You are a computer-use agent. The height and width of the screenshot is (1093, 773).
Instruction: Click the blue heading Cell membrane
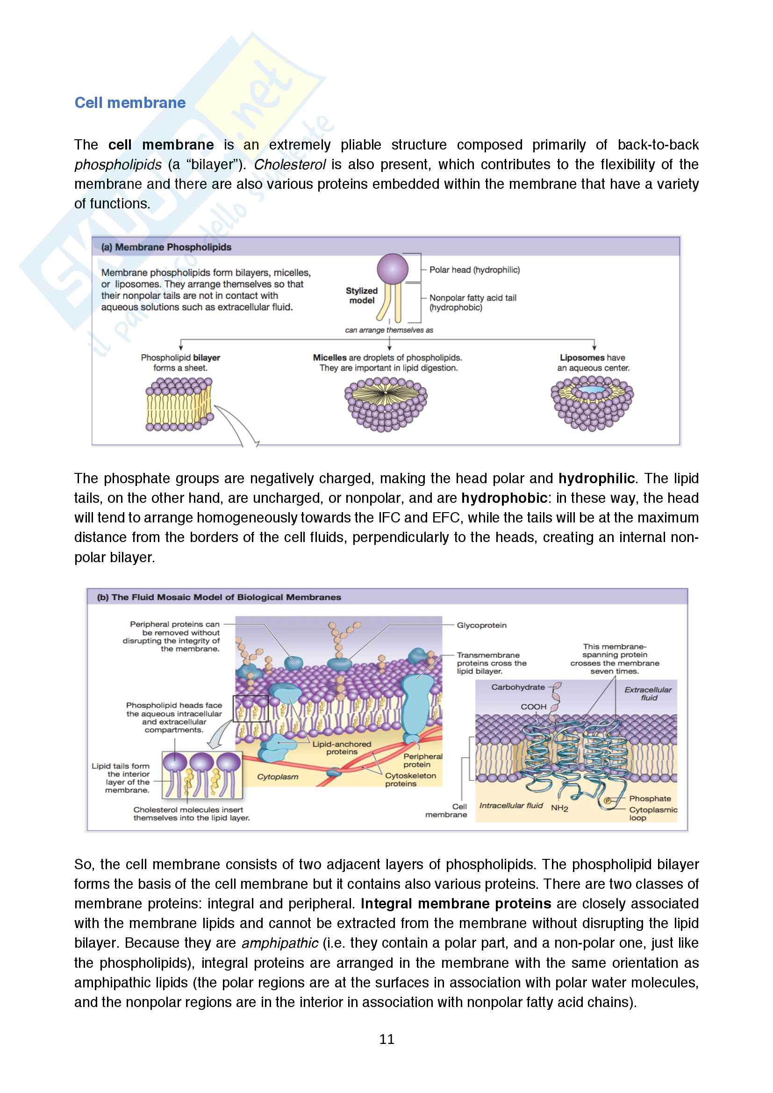pyautogui.click(x=130, y=103)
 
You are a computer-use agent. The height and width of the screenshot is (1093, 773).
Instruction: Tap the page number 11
pyautogui.click(x=386, y=1040)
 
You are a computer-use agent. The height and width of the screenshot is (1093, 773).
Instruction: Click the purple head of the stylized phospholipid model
pyautogui.click(x=392, y=269)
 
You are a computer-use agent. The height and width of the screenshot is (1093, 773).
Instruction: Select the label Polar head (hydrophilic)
pyautogui.click(x=474, y=270)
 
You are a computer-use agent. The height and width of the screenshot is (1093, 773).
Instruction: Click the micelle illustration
pyautogui.click(x=386, y=404)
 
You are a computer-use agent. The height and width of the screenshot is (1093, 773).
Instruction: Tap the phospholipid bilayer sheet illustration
pyautogui.click(x=179, y=404)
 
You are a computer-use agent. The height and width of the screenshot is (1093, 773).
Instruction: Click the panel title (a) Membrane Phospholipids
pyautogui.click(x=166, y=247)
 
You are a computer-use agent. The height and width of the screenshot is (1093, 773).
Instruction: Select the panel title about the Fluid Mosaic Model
pyautogui.click(x=219, y=597)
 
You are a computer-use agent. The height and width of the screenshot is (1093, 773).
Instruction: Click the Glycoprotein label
pyautogui.click(x=481, y=625)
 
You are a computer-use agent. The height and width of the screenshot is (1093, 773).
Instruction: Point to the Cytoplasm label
pyautogui.click(x=278, y=777)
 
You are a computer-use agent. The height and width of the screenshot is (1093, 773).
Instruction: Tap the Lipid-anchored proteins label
pyautogui.click(x=341, y=747)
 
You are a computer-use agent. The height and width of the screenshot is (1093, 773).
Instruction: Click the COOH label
pyautogui.click(x=533, y=707)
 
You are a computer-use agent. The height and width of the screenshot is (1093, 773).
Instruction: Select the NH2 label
pyautogui.click(x=559, y=808)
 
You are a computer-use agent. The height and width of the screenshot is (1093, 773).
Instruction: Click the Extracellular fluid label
pyautogui.click(x=648, y=693)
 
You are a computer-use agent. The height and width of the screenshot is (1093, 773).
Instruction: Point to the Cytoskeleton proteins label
pyautogui.click(x=410, y=779)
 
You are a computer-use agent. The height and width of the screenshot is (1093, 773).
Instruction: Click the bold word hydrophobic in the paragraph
pyautogui.click(x=504, y=498)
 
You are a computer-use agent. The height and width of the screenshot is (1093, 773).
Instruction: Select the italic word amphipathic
pyautogui.click(x=279, y=943)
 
